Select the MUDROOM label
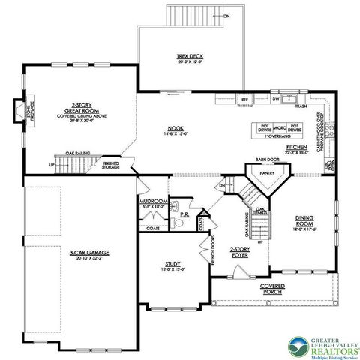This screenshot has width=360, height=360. [x=153, y=202]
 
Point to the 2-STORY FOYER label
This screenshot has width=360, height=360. [x=240, y=251]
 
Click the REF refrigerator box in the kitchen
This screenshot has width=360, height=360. [x=244, y=99]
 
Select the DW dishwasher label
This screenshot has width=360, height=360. [x=276, y=99]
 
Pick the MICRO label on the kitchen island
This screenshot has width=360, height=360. [x=280, y=127]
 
